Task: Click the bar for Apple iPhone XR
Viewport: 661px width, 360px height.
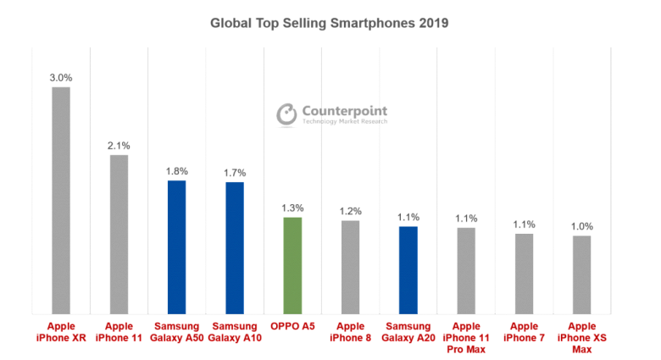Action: tap(61, 200)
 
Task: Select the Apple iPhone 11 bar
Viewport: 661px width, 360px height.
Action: tap(119, 234)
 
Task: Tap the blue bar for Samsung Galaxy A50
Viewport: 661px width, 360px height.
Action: tap(176, 246)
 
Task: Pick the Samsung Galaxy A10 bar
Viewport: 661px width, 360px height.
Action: tap(234, 247)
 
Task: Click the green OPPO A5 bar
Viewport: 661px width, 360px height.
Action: tap(292, 265)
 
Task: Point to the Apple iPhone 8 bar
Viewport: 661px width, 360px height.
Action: tap(350, 267)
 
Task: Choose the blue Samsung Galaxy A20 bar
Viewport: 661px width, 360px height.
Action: tap(408, 269)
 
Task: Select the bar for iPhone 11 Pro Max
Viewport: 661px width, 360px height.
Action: tap(466, 270)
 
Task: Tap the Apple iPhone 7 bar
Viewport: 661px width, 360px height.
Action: tap(524, 273)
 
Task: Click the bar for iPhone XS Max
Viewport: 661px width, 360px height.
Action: tap(581, 274)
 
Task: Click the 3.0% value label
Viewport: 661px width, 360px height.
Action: tap(60, 77)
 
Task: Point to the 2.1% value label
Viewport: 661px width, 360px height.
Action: tap(119, 145)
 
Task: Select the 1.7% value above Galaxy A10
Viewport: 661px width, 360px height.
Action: tap(234, 172)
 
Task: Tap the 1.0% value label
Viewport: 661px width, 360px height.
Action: tap(581, 226)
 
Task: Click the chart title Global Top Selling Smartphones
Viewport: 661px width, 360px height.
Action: tap(329, 23)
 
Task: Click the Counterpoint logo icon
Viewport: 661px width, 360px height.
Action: tap(286, 114)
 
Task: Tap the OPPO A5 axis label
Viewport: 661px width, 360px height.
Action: tap(292, 325)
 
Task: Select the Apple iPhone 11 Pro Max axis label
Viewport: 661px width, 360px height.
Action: tap(466, 336)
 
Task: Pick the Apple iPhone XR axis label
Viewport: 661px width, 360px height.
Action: tap(61, 331)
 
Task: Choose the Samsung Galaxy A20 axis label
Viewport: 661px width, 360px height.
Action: tap(408, 331)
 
